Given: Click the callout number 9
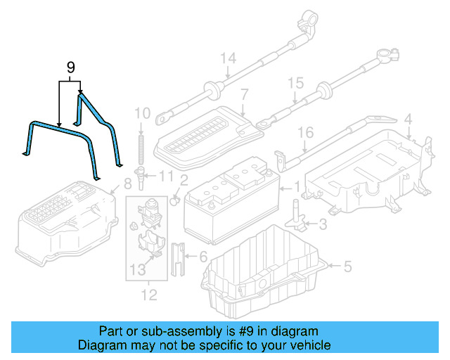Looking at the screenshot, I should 70,67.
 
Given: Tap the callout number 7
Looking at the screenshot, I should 244,94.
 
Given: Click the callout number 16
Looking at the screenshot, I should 304,133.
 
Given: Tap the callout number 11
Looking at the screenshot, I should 166,175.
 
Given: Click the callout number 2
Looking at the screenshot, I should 183,180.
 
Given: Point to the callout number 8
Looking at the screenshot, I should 127,184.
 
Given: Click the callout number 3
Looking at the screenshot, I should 322,225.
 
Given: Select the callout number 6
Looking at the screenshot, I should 203,257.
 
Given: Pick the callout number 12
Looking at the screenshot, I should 148,294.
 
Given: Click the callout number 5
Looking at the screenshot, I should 347,266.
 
